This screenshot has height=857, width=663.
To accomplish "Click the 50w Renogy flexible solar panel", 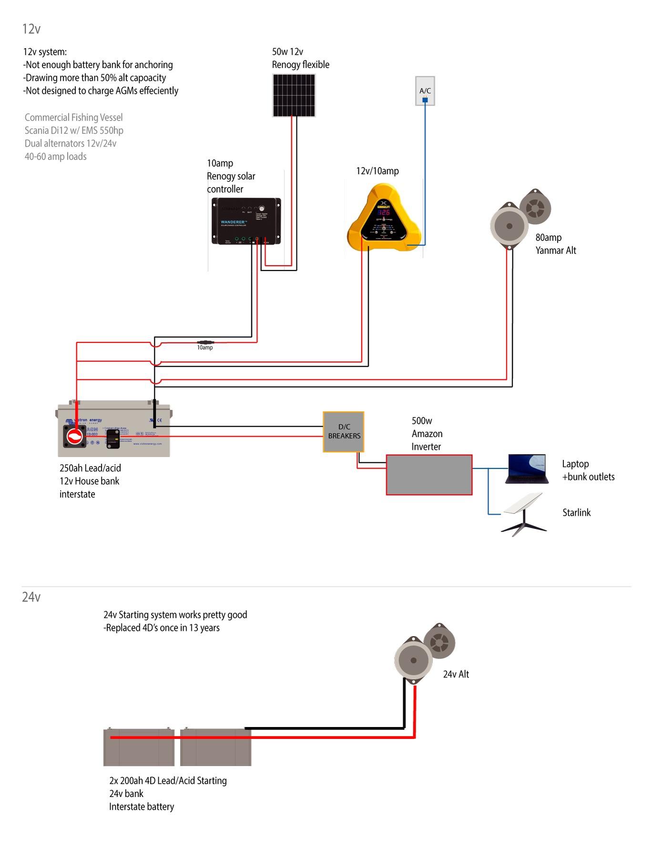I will coord(294,97).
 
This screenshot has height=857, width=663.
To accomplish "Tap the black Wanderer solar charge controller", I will coord(246,221).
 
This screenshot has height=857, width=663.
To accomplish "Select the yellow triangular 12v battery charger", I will coord(384,220).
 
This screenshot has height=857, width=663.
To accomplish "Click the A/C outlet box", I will coord(425,90).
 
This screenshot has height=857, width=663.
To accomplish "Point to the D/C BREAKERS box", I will coord(344,431).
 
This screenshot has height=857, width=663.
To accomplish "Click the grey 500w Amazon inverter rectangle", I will coord(428,475).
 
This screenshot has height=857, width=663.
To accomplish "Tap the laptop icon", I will coord(526,469).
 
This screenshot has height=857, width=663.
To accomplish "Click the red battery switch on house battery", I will coord(75,436).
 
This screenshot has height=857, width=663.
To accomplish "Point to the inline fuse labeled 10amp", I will coord(205,342).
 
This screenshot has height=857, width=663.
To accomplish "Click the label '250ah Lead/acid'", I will coord(90,468).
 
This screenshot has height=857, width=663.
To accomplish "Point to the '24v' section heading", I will coord(31,597).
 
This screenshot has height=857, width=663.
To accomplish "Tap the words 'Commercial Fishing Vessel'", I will coord(73,117).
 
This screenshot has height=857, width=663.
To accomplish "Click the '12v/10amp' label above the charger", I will coord(377,171).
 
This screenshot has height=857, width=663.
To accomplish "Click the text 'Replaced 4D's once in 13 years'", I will coord(162,628).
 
